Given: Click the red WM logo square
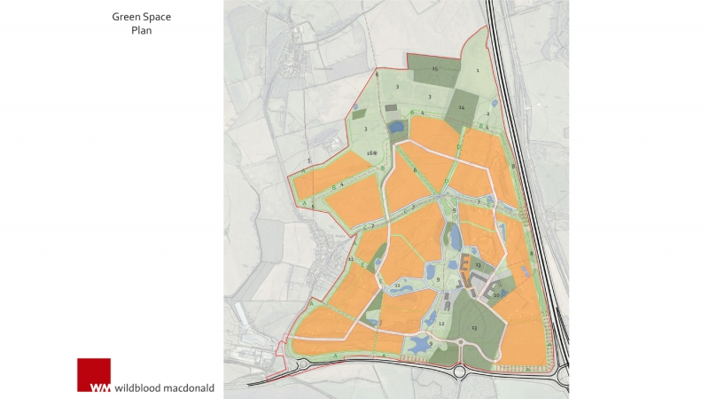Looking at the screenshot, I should [x=94, y=374].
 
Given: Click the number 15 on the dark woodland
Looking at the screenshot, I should [x=435, y=68].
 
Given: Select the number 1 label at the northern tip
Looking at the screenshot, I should [x=477, y=70].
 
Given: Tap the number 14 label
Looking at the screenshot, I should [x=462, y=107].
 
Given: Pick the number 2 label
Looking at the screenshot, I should [x=488, y=113].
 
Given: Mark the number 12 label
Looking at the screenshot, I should [x=440, y=324].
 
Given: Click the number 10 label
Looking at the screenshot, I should [x=497, y=294].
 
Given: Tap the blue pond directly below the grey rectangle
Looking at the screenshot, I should [x=393, y=127].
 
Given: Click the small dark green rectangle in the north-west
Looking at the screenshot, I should [x=358, y=114].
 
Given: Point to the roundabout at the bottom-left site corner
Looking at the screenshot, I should [x=301, y=364].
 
